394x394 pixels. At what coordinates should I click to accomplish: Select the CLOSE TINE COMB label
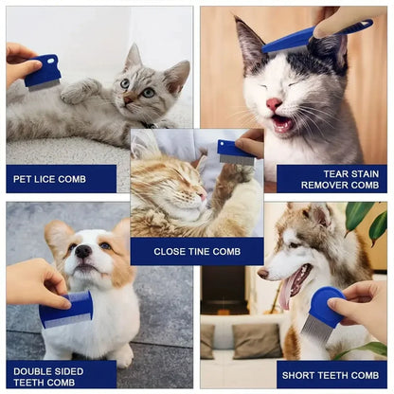197,251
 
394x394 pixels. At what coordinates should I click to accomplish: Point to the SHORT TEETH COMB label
331,374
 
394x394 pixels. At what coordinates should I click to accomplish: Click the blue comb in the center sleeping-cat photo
235,152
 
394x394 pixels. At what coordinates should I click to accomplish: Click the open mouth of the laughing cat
281,123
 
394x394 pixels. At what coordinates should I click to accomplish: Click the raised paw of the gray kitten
81,91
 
